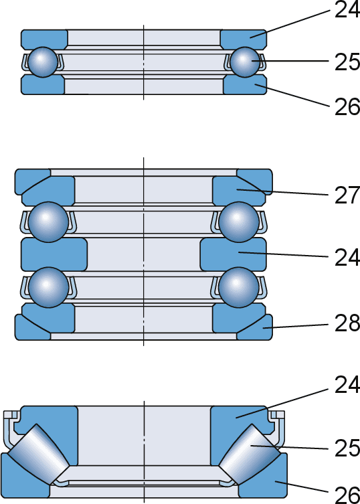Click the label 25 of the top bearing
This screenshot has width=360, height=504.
pos(347,62)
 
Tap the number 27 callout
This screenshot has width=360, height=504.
pos(347,195)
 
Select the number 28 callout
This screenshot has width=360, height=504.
pos(347,323)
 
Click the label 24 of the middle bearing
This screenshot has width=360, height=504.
pos(347,258)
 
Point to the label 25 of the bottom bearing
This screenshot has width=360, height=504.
pos(347,448)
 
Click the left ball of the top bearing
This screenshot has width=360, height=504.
pos(43,62)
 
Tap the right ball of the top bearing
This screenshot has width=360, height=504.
pos(245,62)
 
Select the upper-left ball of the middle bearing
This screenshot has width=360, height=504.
pos(48,222)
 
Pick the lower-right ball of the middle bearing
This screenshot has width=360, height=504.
pos(238,287)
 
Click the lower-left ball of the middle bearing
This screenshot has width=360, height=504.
pos(48,287)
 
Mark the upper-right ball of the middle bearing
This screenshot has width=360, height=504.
pos(238,222)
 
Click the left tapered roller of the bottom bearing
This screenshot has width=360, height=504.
pos(38,454)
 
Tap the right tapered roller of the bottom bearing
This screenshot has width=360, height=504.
pos(250,454)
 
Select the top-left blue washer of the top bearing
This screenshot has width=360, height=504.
pos(44,39)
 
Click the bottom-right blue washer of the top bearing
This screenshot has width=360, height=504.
pos(245,84)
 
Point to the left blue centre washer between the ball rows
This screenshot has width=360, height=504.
pos(54,254)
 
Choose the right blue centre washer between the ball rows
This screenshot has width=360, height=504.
pos(233,254)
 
